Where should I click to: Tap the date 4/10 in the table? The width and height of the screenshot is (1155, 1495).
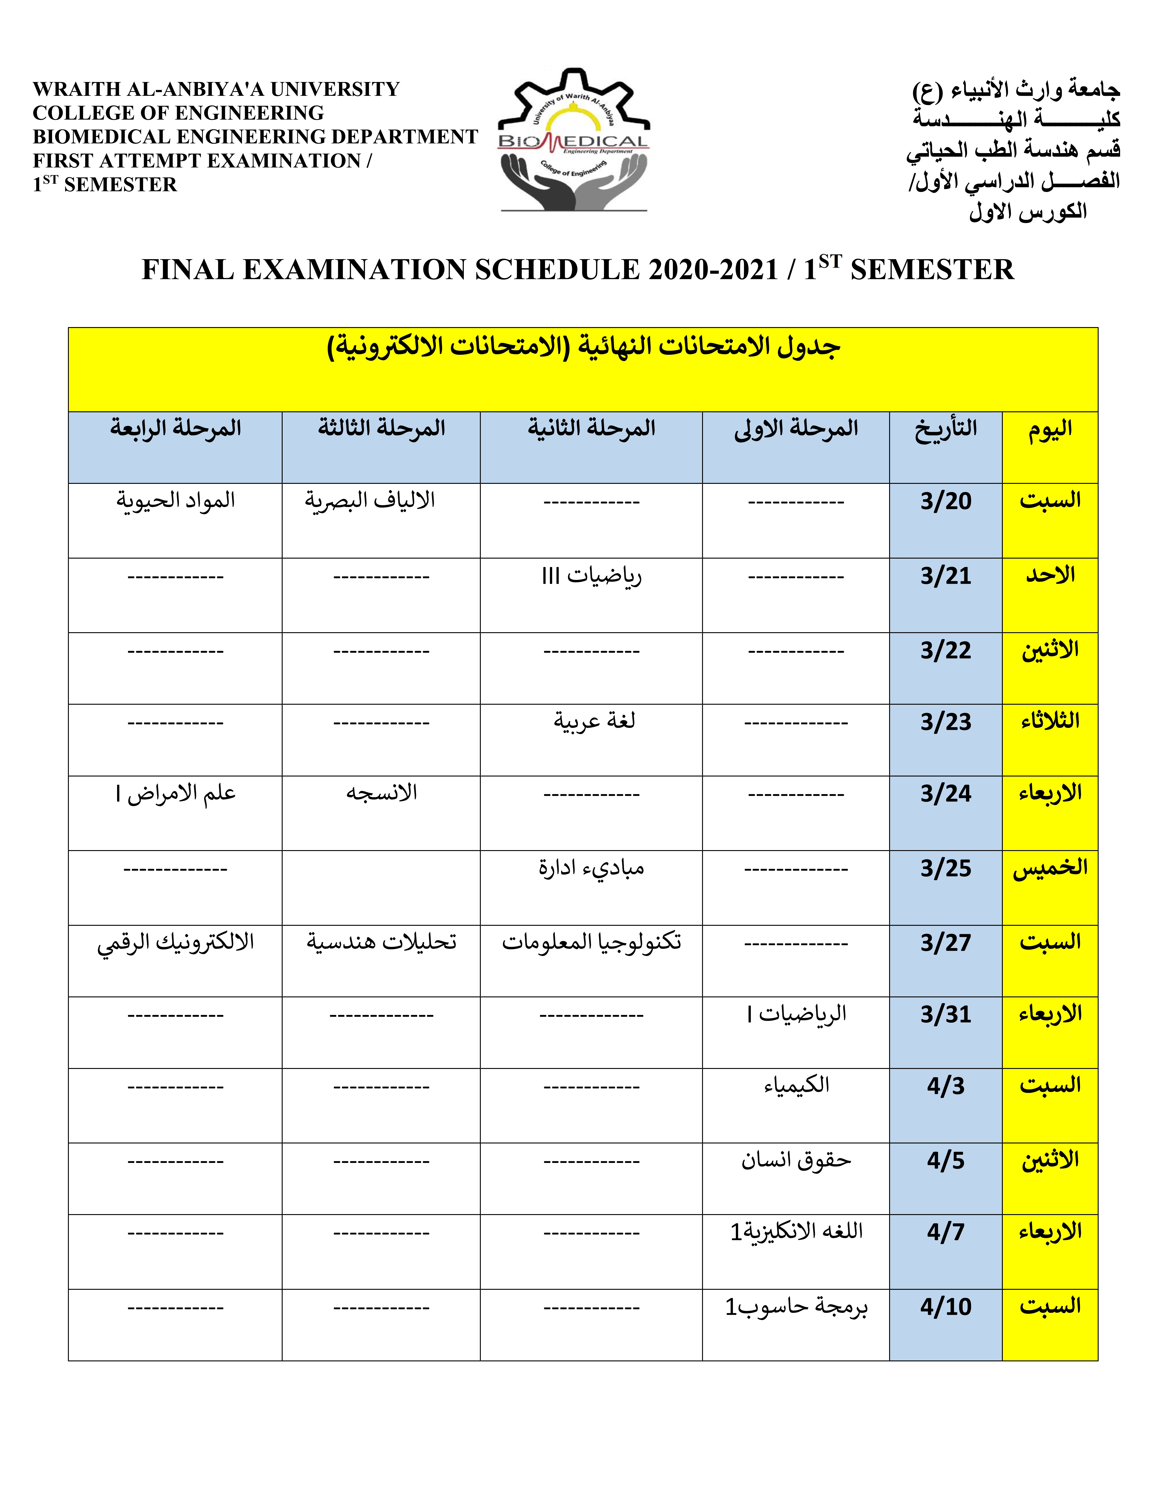point(946,1307)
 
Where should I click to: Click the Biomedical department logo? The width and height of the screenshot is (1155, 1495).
point(573,140)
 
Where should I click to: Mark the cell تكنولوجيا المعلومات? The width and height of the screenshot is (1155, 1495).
point(591,942)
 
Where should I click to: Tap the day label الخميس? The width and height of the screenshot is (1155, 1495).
point(1050,868)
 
